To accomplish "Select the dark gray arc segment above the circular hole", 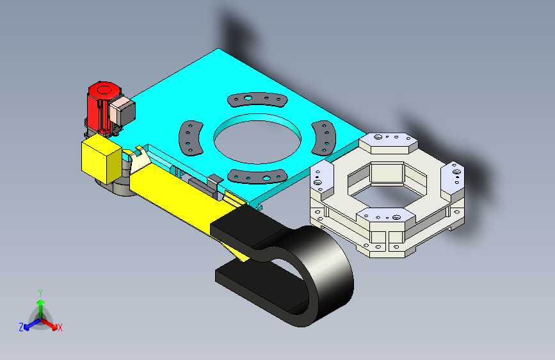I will tap(257, 99).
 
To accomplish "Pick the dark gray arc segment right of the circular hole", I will tap(324, 138).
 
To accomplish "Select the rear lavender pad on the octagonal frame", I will tap(387, 141).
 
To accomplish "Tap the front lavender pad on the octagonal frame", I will tap(388, 217).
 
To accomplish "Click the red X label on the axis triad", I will tap(60, 327).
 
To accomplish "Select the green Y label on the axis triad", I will tap(40, 293).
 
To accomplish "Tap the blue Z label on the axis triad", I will tap(21, 327).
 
